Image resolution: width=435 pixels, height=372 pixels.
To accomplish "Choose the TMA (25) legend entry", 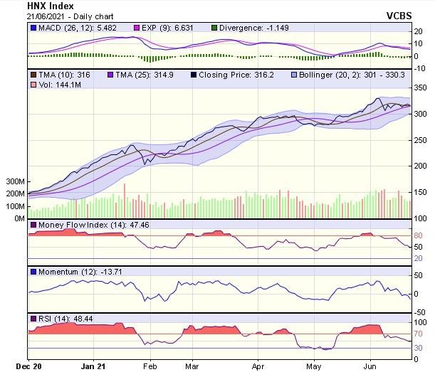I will (x=142, y=75).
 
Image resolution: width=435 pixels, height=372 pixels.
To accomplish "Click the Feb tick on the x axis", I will (x=150, y=366).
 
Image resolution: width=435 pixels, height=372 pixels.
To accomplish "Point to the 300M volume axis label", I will (x=14, y=182).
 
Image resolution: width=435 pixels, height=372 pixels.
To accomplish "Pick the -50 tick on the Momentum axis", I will (x=419, y=312).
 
